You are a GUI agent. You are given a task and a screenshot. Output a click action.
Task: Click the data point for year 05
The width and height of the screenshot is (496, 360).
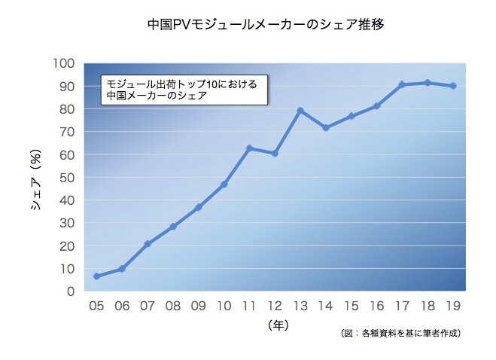[x=96, y=276]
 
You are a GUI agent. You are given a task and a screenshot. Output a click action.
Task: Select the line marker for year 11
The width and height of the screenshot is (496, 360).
[x=249, y=148]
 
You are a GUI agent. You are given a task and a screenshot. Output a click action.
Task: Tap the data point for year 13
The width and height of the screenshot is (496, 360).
[x=300, y=111]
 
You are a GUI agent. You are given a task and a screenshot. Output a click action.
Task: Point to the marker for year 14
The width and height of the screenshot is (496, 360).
[x=326, y=128]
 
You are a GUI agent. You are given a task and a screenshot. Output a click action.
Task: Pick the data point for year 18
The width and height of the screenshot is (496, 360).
[x=428, y=82]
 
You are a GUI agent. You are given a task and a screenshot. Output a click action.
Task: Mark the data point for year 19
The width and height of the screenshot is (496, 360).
[x=453, y=86]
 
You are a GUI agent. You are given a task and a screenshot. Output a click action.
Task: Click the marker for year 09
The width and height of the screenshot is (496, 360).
[x=198, y=207]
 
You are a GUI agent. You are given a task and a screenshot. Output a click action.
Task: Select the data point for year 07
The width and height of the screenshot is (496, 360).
[x=148, y=244]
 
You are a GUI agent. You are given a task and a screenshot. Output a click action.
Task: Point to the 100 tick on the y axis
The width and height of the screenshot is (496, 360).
[x=65, y=63]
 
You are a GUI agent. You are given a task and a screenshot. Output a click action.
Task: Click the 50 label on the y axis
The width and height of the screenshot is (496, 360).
[x=67, y=177]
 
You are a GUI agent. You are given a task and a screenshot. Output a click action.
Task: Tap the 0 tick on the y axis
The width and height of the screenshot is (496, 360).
[x=70, y=291]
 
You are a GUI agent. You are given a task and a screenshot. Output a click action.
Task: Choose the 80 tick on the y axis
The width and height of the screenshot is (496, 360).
[x=67, y=109]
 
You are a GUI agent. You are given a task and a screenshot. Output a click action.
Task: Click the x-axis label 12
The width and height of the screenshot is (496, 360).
[x=275, y=306]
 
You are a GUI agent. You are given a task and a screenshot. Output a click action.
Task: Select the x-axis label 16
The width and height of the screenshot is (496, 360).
[x=376, y=306]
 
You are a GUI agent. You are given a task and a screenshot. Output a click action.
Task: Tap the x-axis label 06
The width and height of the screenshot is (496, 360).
[x=122, y=306]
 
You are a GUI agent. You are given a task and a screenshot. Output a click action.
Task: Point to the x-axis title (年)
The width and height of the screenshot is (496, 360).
[x=277, y=325]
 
